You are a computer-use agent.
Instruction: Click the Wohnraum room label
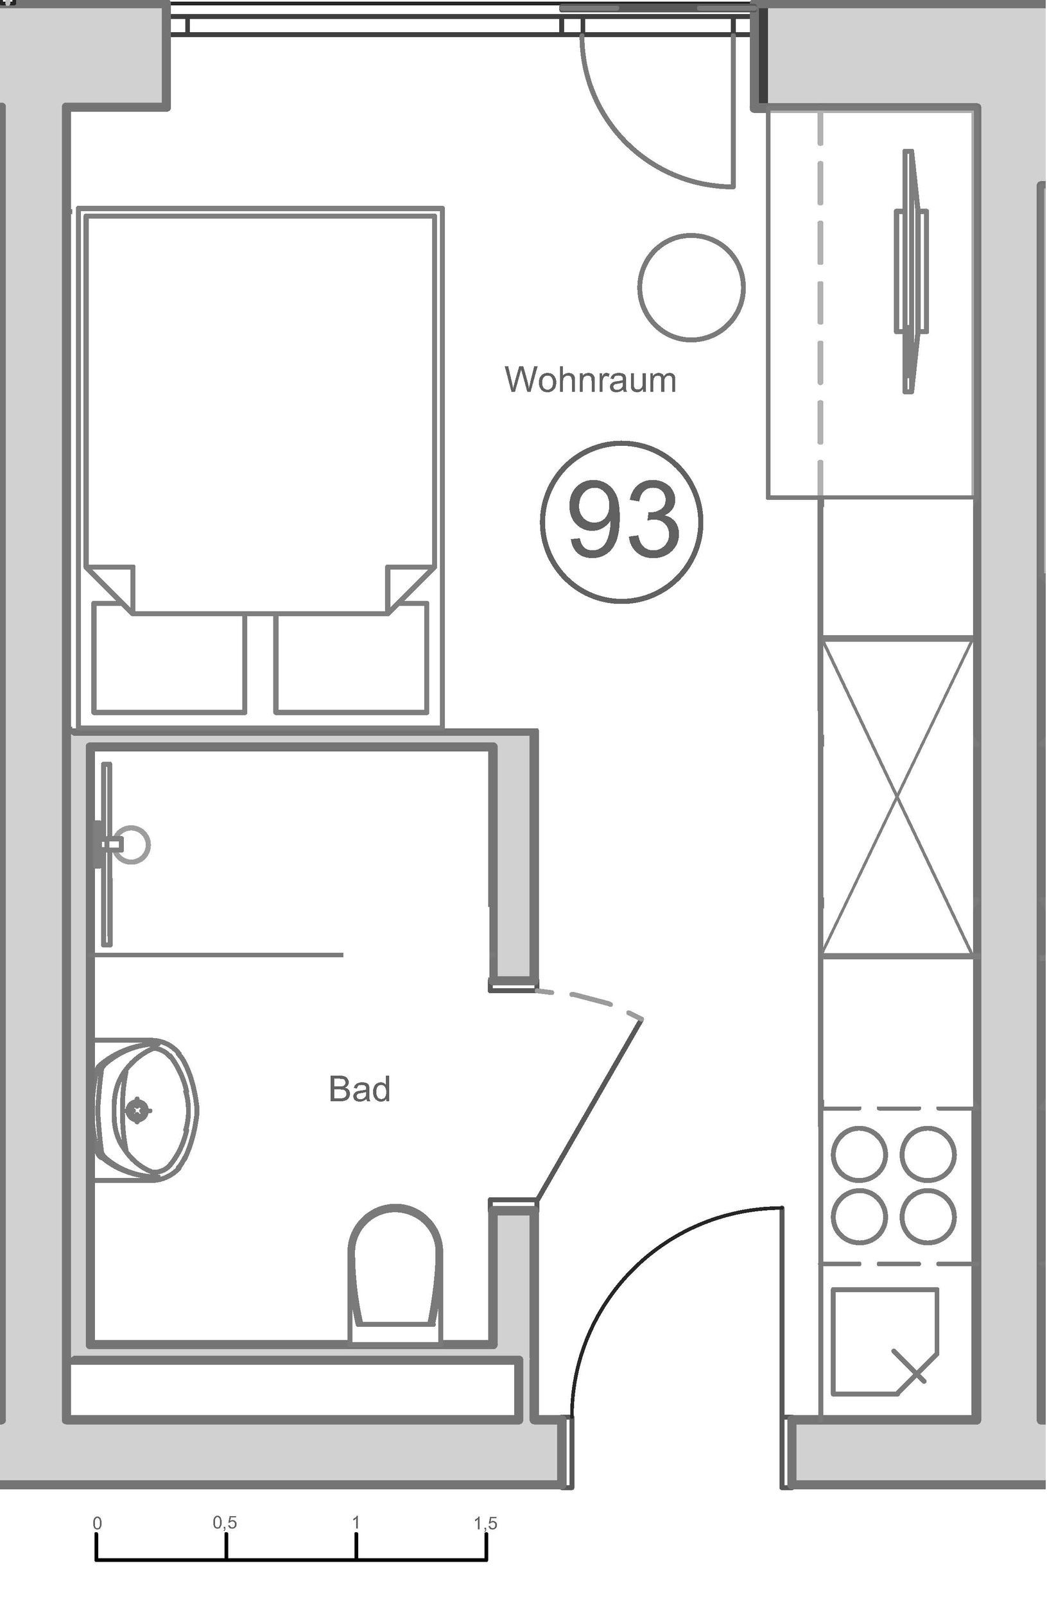[590, 380]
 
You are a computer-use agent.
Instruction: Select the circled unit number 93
[621, 522]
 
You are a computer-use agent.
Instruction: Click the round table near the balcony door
[691, 287]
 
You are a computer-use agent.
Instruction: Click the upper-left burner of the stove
[860, 1153]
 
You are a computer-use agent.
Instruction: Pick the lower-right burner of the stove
[928, 1216]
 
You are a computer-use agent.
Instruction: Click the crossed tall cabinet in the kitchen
[897, 799]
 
